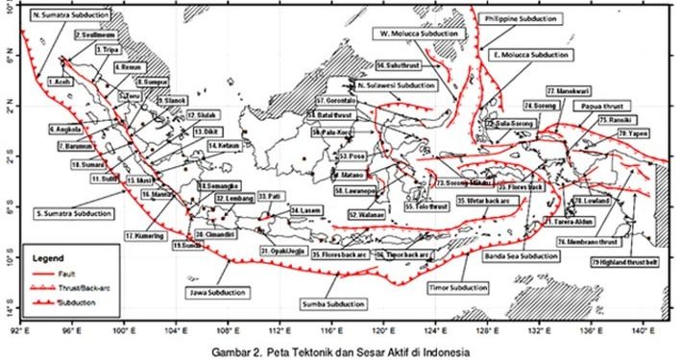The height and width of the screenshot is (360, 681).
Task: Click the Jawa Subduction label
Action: coord(212,290)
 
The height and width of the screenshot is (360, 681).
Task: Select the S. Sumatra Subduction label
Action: coord(61,211)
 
